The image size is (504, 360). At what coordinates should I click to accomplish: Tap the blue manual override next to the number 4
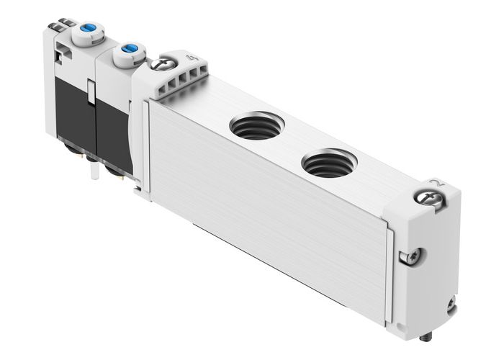pos(129,49)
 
